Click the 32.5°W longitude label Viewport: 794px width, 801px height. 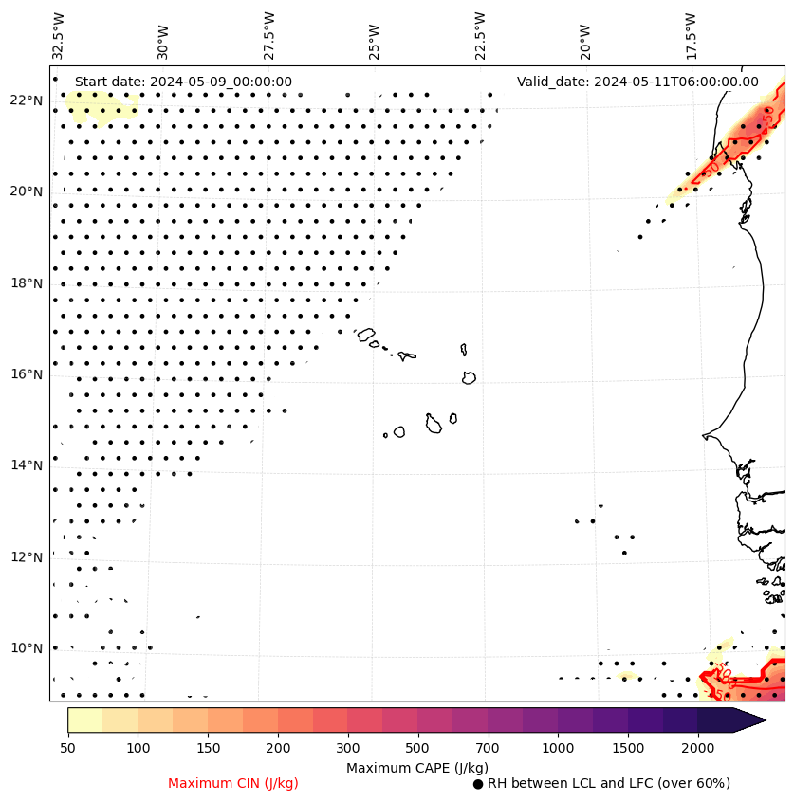point(59,35)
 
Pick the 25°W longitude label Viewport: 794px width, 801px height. point(373,41)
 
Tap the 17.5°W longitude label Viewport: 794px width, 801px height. point(690,35)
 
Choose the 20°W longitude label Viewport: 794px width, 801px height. point(584,41)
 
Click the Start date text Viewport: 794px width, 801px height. point(183,82)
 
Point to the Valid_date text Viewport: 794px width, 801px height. point(637,82)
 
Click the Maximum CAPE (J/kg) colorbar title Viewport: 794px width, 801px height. point(417,767)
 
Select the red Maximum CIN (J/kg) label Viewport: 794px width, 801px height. point(233,783)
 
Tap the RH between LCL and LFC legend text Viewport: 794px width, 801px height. point(608,783)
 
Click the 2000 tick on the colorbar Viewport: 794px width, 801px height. point(697,749)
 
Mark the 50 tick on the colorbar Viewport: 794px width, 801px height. point(67,749)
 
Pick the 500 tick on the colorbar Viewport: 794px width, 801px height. point(417,749)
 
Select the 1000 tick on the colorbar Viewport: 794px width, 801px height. point(558,749)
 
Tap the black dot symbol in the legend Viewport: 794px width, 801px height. point(478,784)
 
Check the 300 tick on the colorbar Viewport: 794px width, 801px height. point(348,749)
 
